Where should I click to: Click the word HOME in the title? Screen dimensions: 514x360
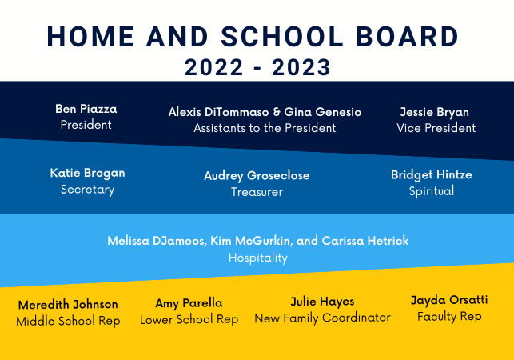tap(90, 37)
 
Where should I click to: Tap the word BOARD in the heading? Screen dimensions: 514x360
tap(407, 37)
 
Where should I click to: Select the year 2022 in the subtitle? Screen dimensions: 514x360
tap(213, 67)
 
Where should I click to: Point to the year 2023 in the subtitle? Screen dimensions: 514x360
tap(301, 67)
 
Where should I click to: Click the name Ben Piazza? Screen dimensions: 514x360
tap(86, 109)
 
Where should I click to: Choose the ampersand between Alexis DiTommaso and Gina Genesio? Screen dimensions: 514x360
tap(277, 112)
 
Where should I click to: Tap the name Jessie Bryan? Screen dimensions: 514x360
tap(435, 113)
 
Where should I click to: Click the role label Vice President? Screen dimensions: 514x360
tap(436, 128)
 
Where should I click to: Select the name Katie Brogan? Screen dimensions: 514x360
tap(87, 173)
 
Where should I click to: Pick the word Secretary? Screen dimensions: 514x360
tap(87, 190)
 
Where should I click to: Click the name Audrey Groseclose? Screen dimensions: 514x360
tap(257, 176)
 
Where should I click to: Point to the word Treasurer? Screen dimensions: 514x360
tap(257, 192)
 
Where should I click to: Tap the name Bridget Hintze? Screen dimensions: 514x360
tap(432, 175)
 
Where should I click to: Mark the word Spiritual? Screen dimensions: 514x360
tap(432, 191)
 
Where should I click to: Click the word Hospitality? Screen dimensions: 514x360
tap(258, 258)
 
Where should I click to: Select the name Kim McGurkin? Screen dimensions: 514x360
tap(249, 241)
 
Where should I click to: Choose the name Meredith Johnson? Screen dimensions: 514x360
tap(68, 305)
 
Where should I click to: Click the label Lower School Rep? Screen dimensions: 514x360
tap(189, 319)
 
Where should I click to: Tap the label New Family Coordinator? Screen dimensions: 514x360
tap(323, 318)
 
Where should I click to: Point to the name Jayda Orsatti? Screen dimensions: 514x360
tap(449, 300)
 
